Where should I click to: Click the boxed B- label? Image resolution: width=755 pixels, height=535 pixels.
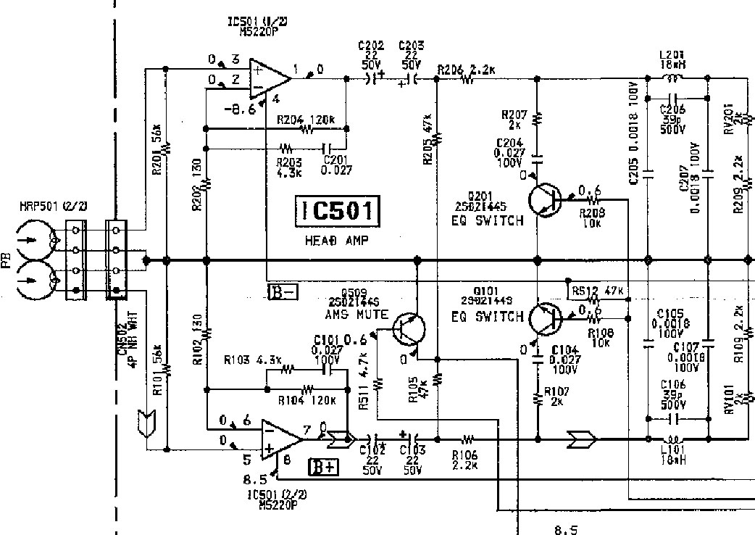click(x=283, y=292)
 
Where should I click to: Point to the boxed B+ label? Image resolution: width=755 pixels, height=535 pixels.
click(x=324, y=467)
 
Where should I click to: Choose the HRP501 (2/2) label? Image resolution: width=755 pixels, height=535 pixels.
click(x=54, y=207)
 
